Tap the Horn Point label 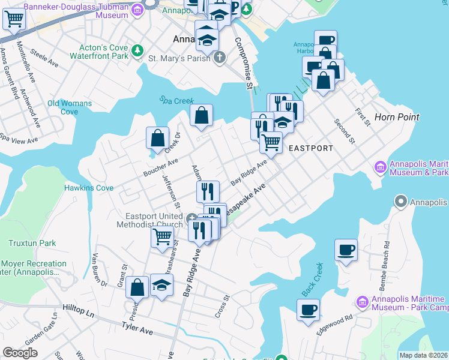coord(397,117)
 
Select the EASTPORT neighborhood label coord(311,148)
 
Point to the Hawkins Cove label coord(89,188)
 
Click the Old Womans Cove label coord(70,107)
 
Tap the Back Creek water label coord(312,279)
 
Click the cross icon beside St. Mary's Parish coord(220,58)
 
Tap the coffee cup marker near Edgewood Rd coord(308,310)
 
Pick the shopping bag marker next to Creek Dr coord(157,138)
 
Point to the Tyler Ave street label coord(138,329)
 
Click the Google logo coord(20,353)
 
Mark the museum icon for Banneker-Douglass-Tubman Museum coord(137,9)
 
